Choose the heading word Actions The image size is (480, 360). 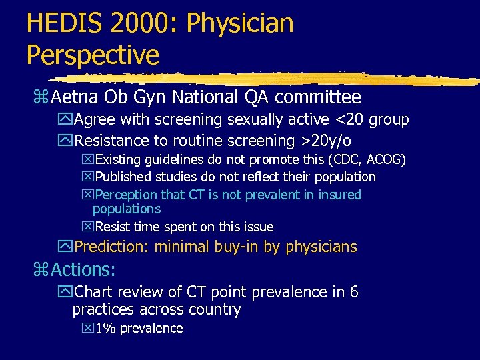point(83,269)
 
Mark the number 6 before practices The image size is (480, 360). point(353,292)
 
